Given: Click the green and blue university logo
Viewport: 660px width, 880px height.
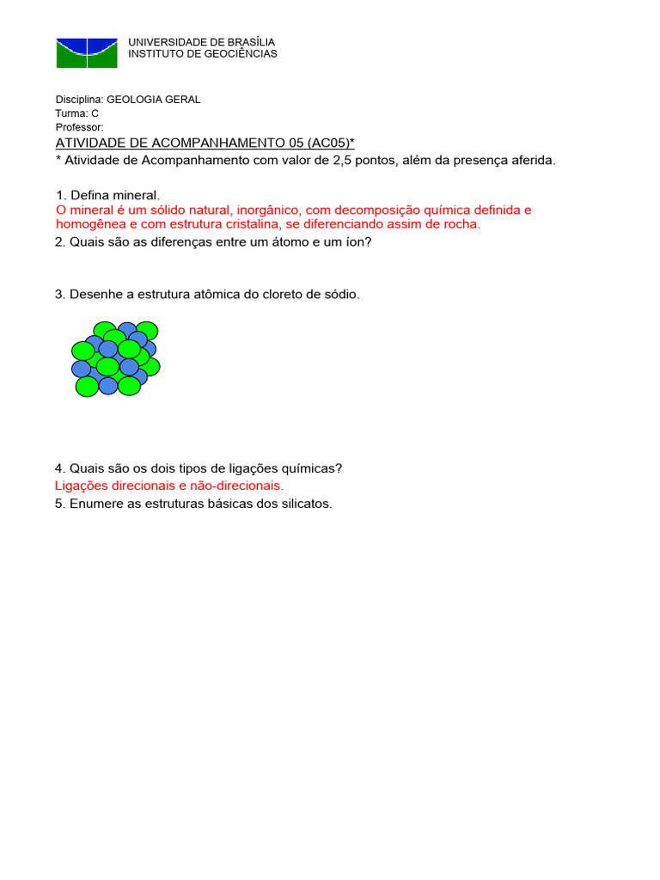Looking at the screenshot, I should pyautogui.click(x=86, y=52).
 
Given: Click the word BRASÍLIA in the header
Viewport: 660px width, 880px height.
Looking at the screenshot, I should pyautogui.click(x=250, y=42).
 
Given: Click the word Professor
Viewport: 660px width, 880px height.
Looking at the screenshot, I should pyautogui.click(x=79, y=127).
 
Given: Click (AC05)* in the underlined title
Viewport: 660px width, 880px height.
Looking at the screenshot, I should pyautogui.click(x=325, y=143).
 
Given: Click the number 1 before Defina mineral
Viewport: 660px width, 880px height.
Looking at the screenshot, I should pyautogui.click(x=58, y=196).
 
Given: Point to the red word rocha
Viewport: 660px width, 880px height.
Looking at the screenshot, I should pyautogui.click(x=463, y=225).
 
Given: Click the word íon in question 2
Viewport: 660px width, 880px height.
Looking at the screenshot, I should pyautogui.click(x=355, y=242).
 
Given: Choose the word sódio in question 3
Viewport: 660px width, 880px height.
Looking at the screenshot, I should pyautogui.click(x=340, y=295).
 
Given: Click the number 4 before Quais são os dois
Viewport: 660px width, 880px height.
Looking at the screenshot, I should pyautogui.click(x=58, y=468).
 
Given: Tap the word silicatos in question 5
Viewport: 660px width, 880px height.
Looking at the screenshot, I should pyautogui.click(x=305, y=504).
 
